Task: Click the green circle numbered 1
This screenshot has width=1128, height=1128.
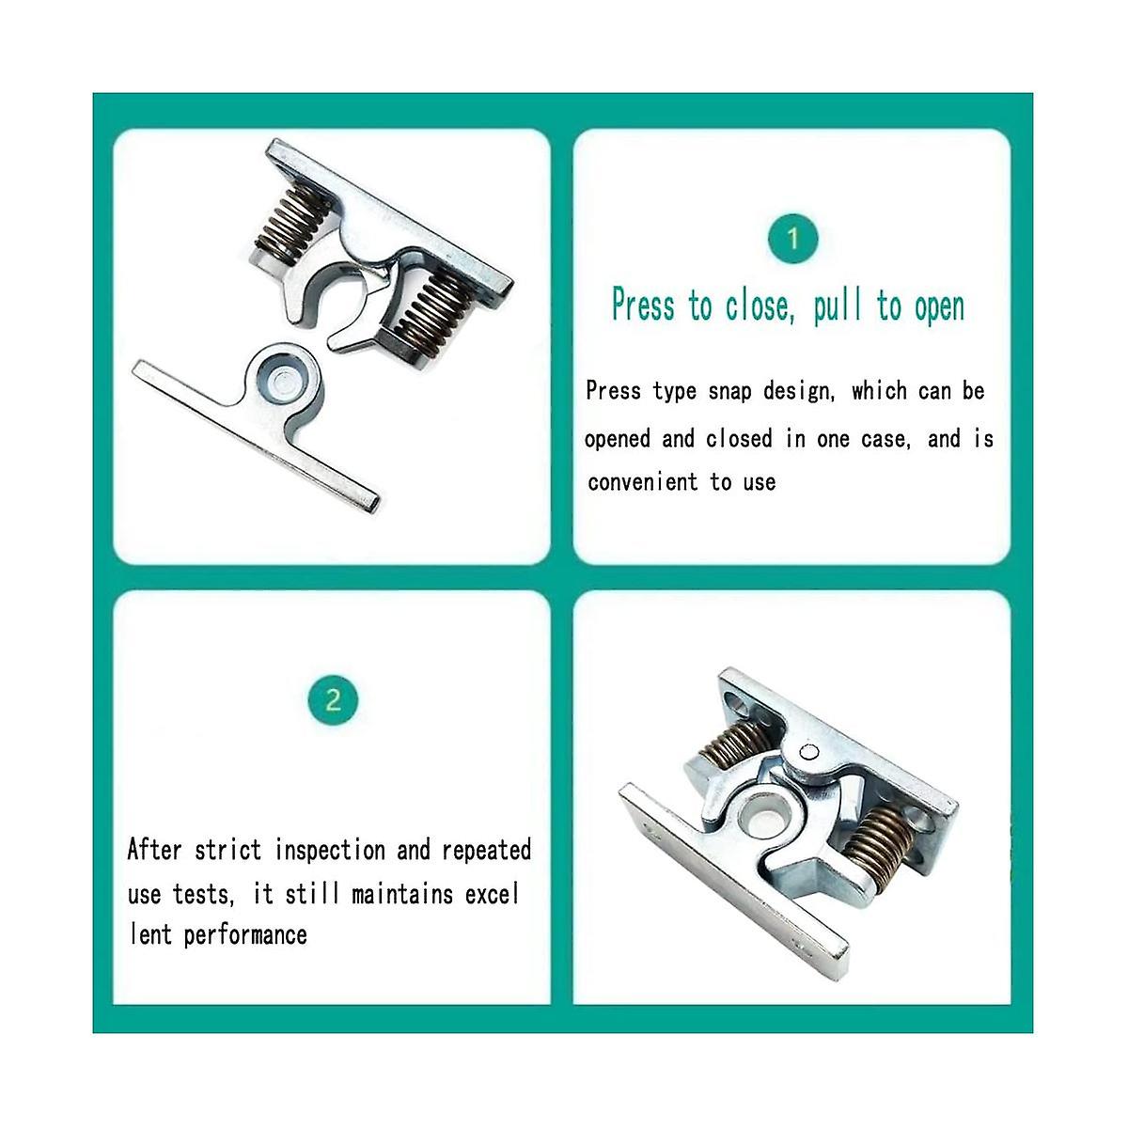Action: click(x=792, y=240)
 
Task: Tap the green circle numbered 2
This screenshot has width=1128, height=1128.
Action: click(x=333, y=700)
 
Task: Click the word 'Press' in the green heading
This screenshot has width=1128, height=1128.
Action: click(x=643, y=305)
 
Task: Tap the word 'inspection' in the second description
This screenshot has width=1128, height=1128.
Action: click(x=330, y=851)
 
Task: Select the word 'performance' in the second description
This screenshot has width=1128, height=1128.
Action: click(x=245, y=934)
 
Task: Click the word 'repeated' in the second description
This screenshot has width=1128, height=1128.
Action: click(x=486, y=851)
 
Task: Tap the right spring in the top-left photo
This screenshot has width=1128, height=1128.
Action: click(x=428, y=311)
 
